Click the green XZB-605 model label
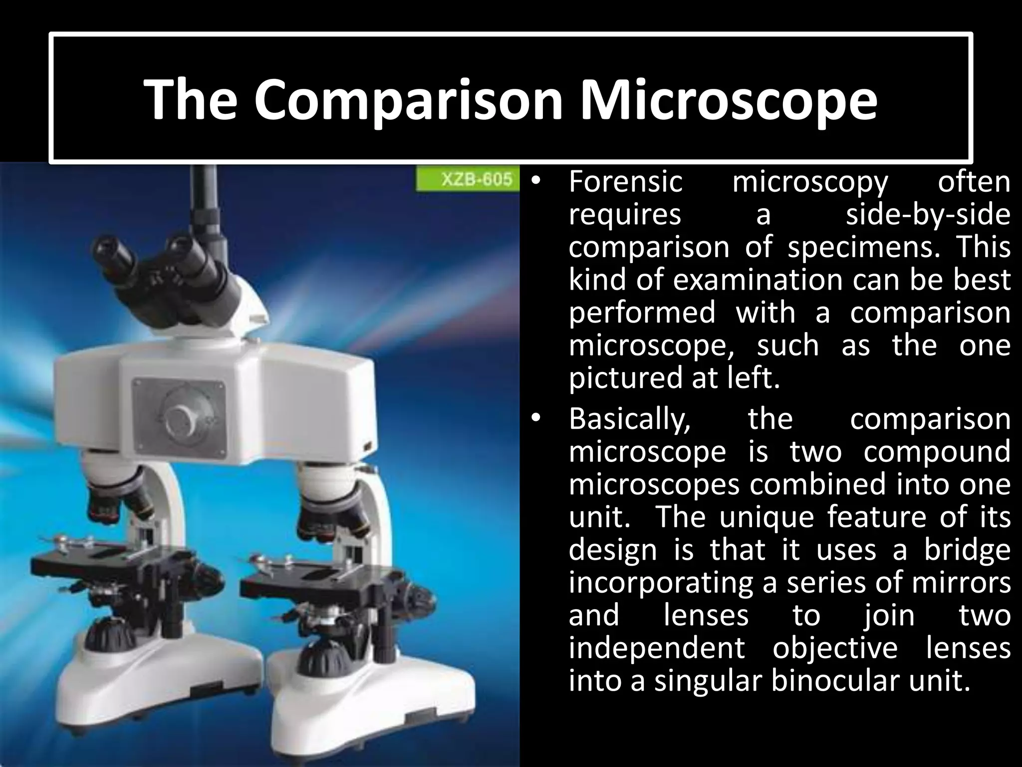(468, 179)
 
